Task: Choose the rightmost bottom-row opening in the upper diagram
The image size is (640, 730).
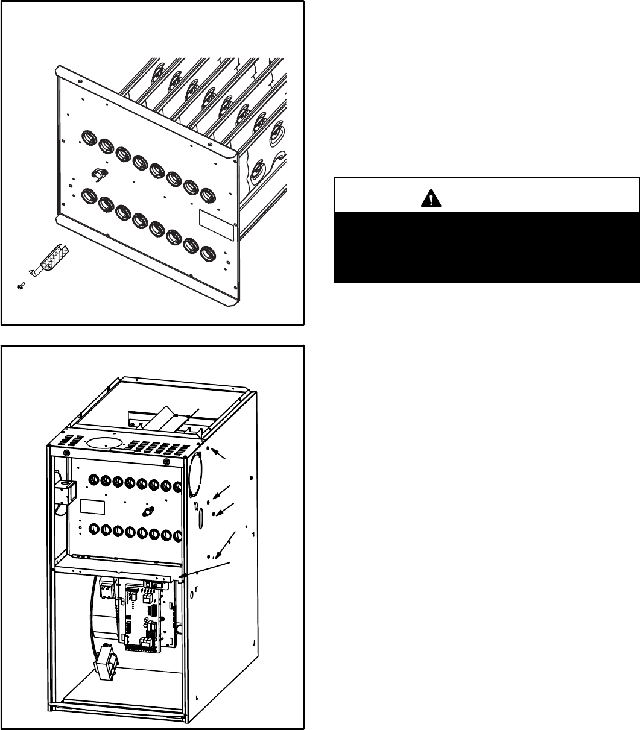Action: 208,253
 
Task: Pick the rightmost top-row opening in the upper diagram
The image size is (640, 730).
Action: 208,195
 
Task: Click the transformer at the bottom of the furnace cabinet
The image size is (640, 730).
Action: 106,664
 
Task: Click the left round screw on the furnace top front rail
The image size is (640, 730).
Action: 66,453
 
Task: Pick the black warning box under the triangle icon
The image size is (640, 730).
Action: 486,247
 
